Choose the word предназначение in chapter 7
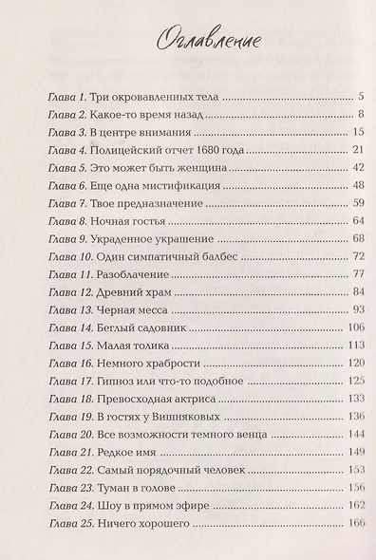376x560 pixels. click(x=151, y=203)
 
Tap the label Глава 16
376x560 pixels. click(x=63, y=364)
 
